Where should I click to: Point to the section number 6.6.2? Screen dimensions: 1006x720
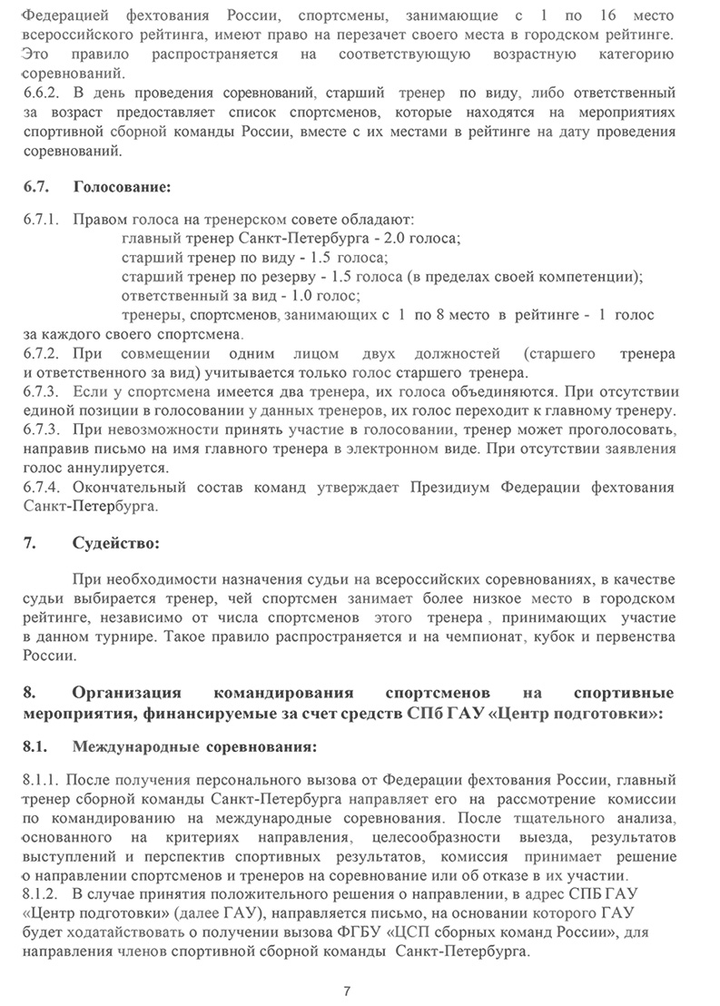coord(40,93)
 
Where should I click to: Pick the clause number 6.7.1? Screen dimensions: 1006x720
coord(40,220)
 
